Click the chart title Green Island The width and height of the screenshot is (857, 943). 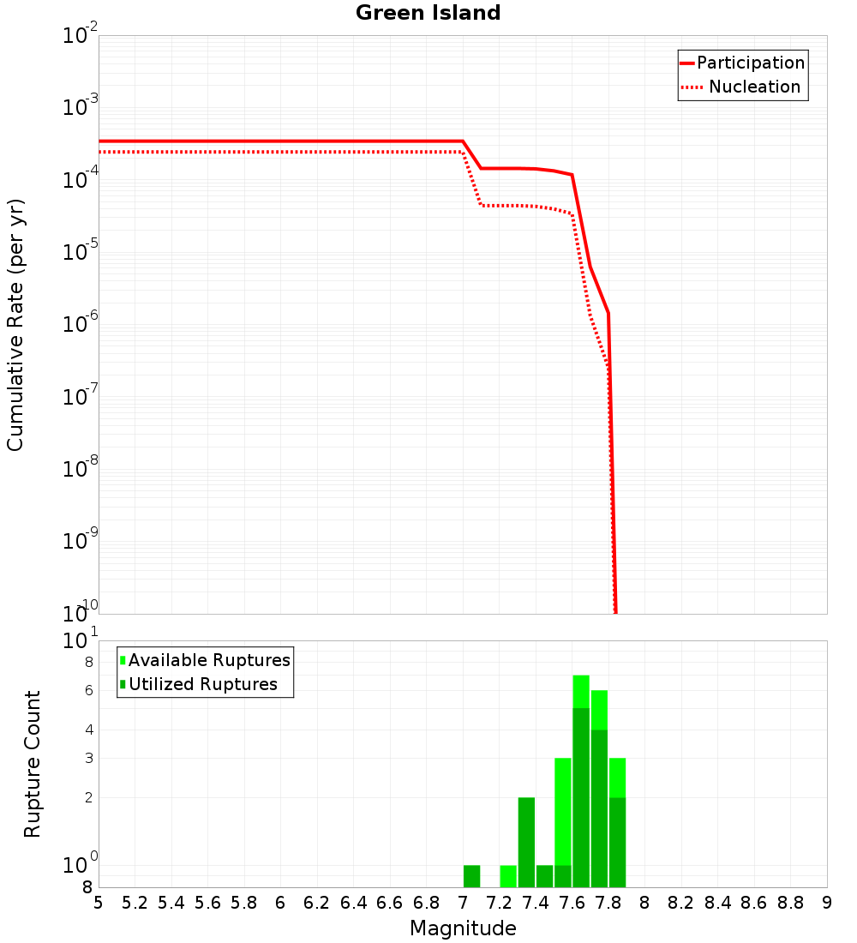click(428, 13)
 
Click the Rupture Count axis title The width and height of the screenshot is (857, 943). click(33, 763)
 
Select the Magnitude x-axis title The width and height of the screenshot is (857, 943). click(463, 928)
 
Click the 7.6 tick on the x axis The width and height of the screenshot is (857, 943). click(572, 903)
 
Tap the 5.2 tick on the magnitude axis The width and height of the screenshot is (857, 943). click(135, 903)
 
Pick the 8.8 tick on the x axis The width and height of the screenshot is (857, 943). click(790, 903)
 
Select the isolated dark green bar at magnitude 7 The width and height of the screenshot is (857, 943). click(471, 876)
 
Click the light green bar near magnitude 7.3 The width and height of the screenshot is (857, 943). click(508, 876)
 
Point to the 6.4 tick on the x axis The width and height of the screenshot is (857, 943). click(353, 903)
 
